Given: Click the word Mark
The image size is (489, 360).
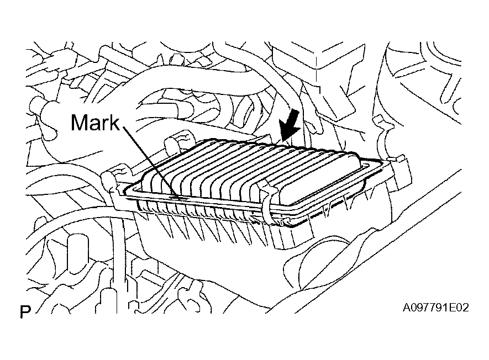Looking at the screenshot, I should (95, 122).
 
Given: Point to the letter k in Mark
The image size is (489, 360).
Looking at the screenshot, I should (114, 122).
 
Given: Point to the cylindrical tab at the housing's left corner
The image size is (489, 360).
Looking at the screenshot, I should (109, 179).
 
